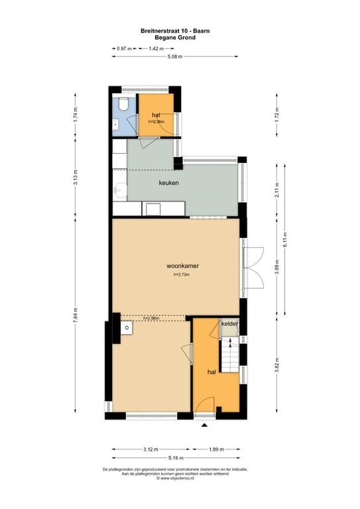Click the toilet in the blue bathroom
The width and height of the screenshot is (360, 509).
point(123,104)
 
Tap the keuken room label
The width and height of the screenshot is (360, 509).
point(169,183)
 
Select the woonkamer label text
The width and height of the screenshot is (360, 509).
point(182,266)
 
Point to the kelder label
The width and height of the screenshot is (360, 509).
point(229,324)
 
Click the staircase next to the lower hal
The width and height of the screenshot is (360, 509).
point(230,355)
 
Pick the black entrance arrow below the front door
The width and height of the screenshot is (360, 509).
point(204,425)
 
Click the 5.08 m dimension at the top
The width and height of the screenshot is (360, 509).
point(175,56)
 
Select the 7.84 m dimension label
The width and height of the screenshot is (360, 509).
point(76,315)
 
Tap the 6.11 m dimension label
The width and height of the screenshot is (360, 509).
point(285,239)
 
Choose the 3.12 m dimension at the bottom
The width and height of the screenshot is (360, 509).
point(150,449)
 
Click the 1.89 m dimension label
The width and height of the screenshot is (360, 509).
point(217,449)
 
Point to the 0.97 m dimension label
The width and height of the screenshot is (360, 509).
point(125,48)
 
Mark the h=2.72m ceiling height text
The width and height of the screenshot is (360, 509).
point(182,274)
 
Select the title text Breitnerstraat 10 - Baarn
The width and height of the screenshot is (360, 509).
point(175,31)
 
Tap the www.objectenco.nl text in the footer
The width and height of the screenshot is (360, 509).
point(175,478)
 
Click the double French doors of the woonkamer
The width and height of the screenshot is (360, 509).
point(253,268)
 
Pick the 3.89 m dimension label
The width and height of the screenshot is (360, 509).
point(276,267)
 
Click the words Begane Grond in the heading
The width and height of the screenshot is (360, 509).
point(175,37)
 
